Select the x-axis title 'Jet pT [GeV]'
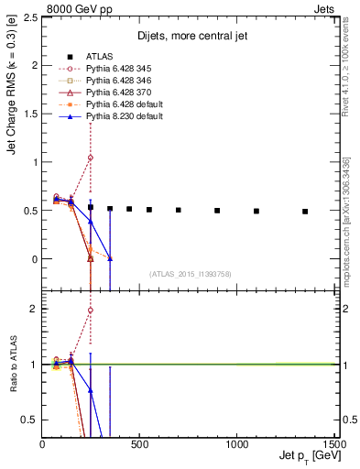pos(306,456)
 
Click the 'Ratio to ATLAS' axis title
pos(14,365)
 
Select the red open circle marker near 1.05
pos(91,158)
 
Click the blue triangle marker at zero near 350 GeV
pos(110,258)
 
